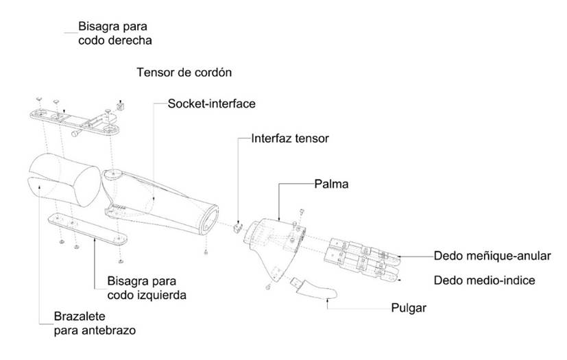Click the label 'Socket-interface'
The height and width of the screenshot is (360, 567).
(213, 104)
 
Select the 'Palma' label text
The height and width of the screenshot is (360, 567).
(331, 184)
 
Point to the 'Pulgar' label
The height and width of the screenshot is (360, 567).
(408, 307)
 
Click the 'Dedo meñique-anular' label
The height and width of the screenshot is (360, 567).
(492, 256)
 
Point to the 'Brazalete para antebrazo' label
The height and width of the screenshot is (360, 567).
(95, 324)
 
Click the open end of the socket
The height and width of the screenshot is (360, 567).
(208, 219)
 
